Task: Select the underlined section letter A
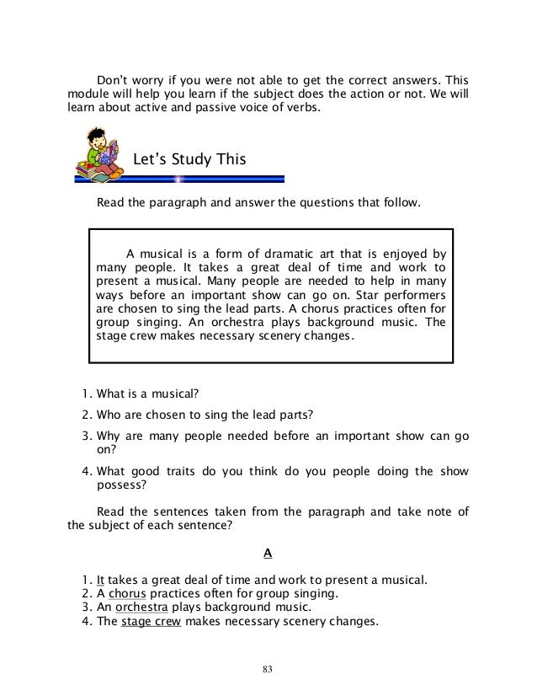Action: coord(268,553)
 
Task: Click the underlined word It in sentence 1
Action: coord(101,579)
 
